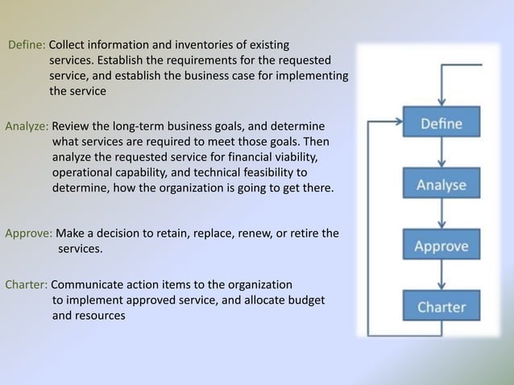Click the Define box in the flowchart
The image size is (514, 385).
click(441, 123)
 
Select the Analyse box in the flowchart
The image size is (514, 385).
click(441, 184)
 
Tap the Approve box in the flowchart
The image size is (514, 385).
click(441, 245)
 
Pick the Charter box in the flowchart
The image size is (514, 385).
click(441, 306)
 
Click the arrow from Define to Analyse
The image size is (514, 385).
click(441, 154)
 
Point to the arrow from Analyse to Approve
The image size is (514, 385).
click(441, 215)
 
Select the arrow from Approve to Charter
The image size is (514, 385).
click(441, 275)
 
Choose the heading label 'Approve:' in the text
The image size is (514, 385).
click(29, 234)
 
